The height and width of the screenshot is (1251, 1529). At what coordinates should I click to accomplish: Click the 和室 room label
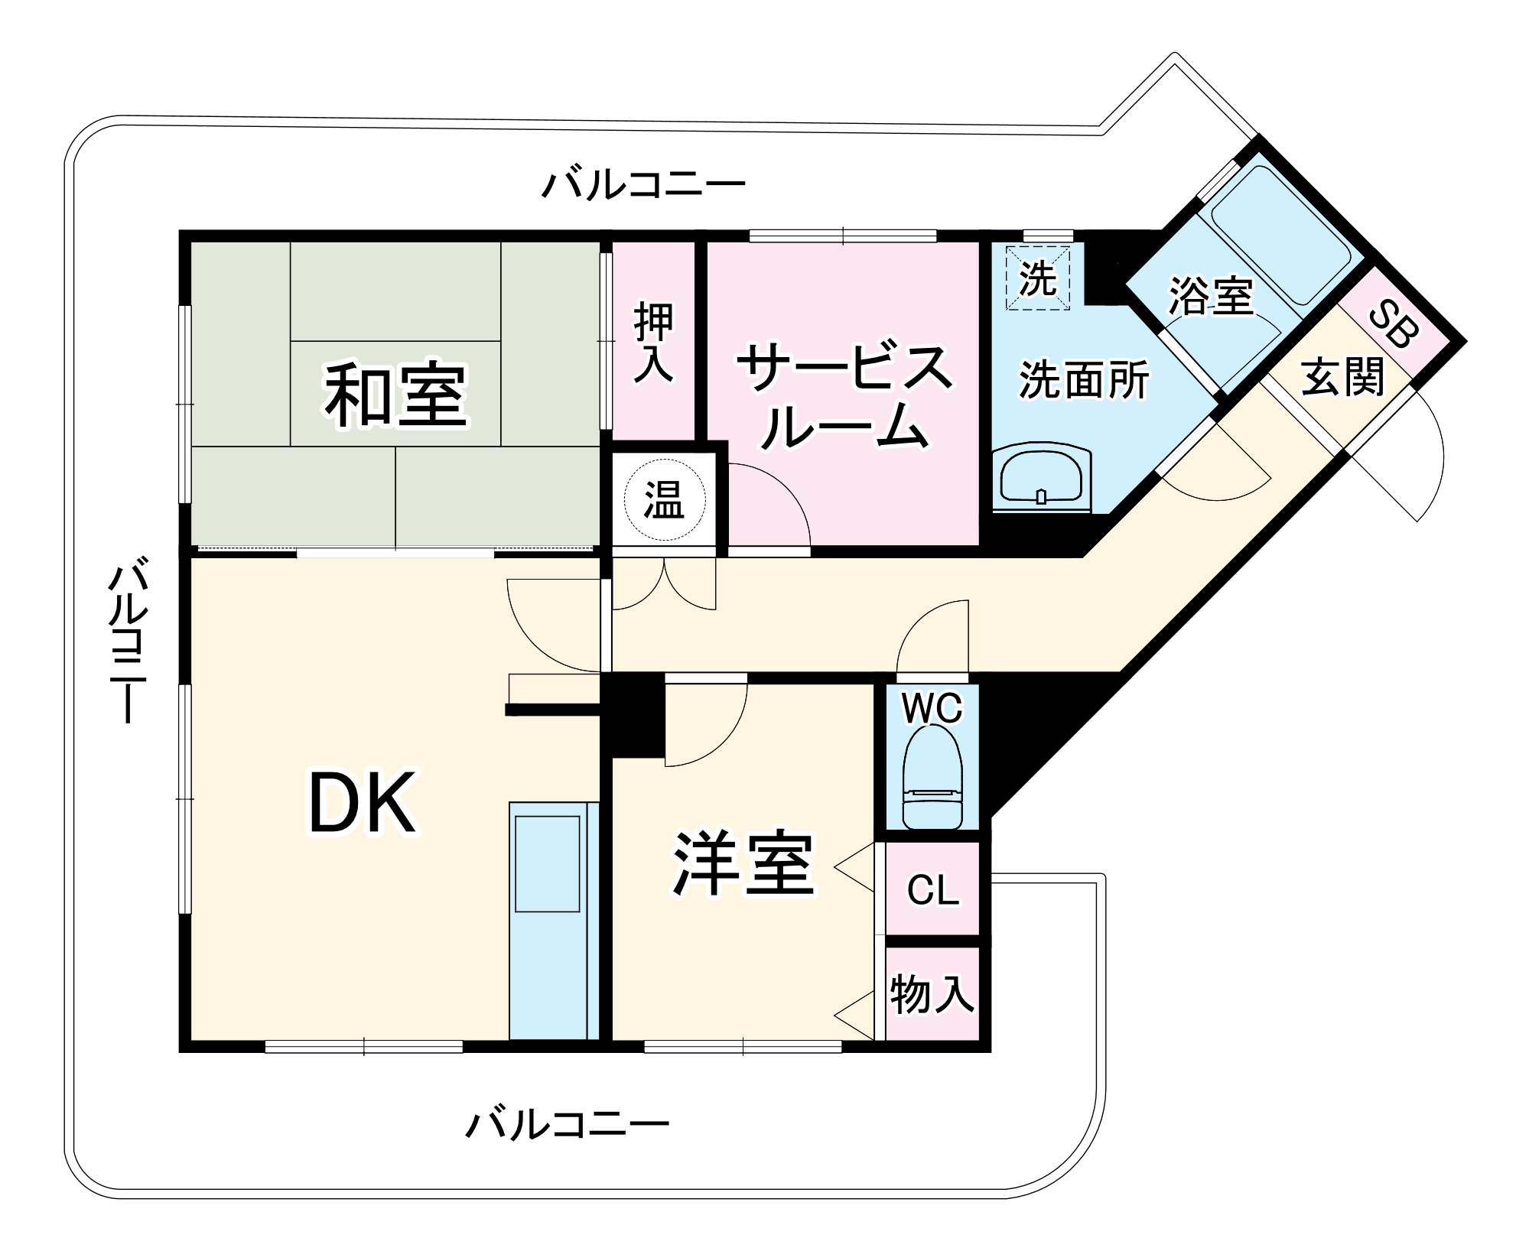pos(395,395)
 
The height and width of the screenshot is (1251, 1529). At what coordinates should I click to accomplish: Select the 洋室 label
pos(742,863)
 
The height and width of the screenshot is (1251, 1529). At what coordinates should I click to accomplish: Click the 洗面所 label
pos(1084,379)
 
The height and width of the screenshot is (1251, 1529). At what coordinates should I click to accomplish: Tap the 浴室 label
pos(1211,297)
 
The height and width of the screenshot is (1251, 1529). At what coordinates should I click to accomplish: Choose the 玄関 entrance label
pos(1343,377)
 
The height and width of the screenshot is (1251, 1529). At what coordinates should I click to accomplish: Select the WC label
pos(932,708)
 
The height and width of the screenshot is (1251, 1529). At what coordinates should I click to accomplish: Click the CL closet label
pos(932,890)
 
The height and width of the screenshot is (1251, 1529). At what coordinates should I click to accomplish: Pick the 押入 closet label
pos(654,342)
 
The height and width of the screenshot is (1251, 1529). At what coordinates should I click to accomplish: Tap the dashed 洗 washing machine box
pos(1037,277)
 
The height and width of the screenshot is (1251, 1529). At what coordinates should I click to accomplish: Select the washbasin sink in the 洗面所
pos(1041,479)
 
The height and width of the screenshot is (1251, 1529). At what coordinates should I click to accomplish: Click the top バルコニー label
pos(643,185)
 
